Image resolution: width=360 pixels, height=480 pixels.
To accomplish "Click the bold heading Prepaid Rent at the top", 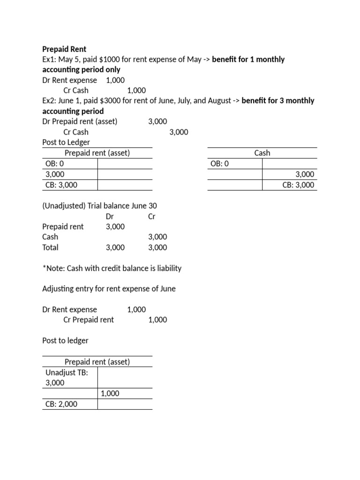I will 64,49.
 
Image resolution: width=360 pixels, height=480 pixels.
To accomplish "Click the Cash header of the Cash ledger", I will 262,153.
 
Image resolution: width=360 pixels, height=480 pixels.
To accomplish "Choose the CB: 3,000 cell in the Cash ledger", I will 298,185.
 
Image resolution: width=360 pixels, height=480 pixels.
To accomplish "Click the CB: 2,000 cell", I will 61,404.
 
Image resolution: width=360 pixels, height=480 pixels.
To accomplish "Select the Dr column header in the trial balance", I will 110,216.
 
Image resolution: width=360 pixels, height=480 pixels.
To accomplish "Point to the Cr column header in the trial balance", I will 151,216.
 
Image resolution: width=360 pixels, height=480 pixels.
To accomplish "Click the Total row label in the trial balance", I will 50,247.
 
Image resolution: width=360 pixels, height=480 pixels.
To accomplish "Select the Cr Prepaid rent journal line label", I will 88,320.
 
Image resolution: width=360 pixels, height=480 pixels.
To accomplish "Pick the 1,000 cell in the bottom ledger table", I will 110,393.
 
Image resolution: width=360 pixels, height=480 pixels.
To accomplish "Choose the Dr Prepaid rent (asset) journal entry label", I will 80,121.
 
